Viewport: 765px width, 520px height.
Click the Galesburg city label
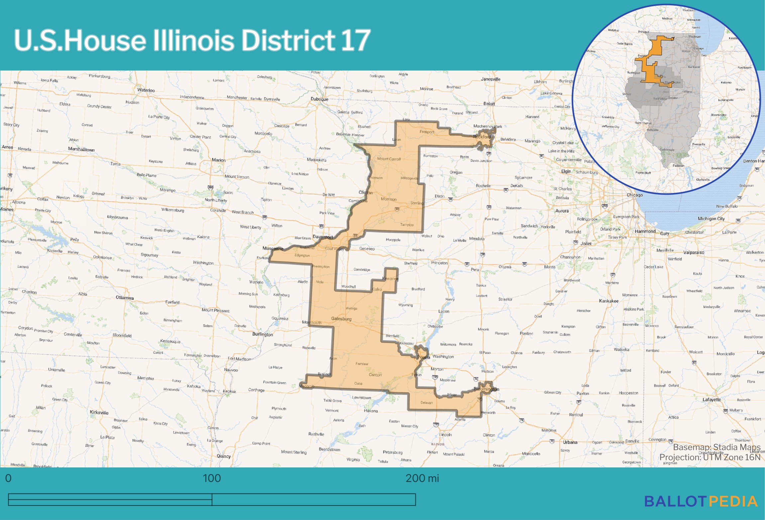[341, 319]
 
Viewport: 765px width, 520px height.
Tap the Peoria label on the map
[424, 357]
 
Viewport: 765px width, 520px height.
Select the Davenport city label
[323, 237]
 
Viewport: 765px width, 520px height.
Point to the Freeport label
[427, 132]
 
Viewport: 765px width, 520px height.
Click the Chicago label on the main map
[634, 195]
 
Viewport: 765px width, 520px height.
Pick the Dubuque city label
[319, 99]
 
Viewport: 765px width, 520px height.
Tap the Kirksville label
[99, 413]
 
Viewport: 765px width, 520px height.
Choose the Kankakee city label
[608, 301]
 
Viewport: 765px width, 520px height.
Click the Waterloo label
[146, 90]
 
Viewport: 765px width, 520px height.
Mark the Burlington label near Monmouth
[263, 334]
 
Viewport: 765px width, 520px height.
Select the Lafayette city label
[711, 400]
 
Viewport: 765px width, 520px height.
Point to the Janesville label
[491, 79]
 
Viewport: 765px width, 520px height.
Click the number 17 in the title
[355, 40]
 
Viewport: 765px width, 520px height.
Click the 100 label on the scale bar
[212, 478]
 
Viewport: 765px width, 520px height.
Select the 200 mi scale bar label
[422, 478]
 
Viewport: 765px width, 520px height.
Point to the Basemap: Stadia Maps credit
[716, 447]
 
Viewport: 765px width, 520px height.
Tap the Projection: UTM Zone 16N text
[710, 457]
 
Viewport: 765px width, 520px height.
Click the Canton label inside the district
[375, 375]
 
